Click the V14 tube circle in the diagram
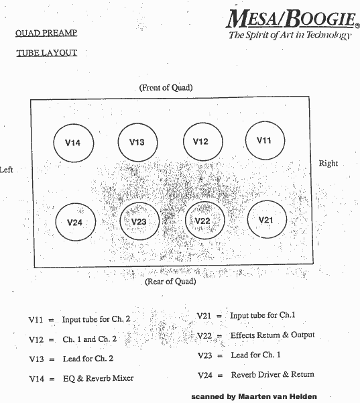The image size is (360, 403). coord(54,143)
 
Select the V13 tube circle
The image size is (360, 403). coord(118,142)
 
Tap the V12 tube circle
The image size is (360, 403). coord(184,141)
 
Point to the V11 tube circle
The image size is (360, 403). coord(245,140)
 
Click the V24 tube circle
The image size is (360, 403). coord(56,222)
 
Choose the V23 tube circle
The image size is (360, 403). coord(120,221)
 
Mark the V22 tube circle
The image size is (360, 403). coord(186,221)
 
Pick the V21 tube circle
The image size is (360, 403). coord(247,219)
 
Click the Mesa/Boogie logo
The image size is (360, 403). coord(293,19)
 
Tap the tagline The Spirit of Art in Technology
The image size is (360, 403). coord(290,35)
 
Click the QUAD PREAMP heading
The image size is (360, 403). coord(46,33)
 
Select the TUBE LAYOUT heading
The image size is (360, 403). coord(47,53)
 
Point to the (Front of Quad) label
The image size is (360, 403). coord(166,88)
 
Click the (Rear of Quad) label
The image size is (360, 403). coord(170,282)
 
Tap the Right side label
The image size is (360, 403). coord(328,164)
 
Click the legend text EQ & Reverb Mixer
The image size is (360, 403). coord(98,378)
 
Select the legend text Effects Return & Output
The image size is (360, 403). coord(272,335)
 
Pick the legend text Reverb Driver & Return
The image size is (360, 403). coord(272,374)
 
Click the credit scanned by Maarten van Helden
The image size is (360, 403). coord(254,396)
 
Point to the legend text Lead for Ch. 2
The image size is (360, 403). coord(88,359)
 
